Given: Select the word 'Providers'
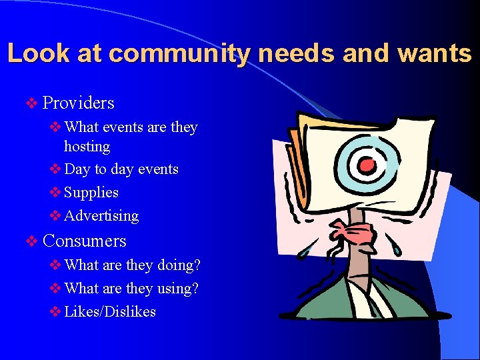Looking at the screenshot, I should tap(78, 103).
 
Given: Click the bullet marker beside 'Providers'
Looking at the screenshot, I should tap(31, 103).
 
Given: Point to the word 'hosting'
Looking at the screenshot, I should tap(87, 146).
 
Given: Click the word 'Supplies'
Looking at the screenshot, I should tap(91, 193).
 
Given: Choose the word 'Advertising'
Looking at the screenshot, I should tap(101, 216).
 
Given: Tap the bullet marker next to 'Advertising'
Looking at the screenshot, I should tap(55, 216).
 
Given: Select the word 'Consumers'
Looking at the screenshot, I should tap(84, 241).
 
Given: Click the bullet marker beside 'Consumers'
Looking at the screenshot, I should tap(31, 241).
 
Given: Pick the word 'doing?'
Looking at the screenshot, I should tap(179, 265).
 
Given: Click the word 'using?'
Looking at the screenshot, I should tap(178, 289).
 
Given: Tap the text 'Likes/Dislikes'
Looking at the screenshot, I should tap(110, 312).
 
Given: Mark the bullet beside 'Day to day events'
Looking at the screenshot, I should tap(55, 169).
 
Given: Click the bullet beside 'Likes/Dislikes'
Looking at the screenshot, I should tap(55, 312).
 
